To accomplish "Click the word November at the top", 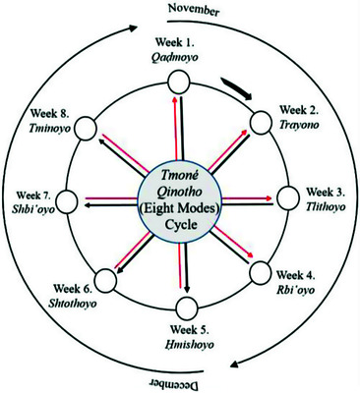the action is [x=194, y=9].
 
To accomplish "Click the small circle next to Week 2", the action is [x=262, y=123].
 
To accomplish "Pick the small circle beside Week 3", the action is [x=288, y=197].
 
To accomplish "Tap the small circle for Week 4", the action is [x=261, y=272].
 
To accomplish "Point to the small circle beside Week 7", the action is [x=68, y=200].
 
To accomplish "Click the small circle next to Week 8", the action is [x=86, y=128].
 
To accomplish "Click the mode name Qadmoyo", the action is [x=175, y=58].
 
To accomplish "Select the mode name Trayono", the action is [x=299, y=125].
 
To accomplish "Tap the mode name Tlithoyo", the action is [x=326, y=207].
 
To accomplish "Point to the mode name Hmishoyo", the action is [x=189, y=345].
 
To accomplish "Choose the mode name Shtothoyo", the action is [x=73, y=304].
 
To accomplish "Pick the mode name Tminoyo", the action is [x=49, y=128].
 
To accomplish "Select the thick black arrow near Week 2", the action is [x=237, y=87].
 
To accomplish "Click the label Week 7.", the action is [x=33, y=196].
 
